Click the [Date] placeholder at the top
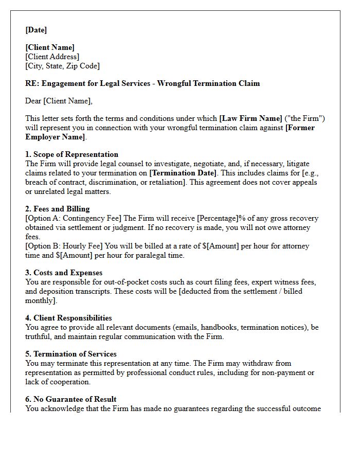coord(36,30)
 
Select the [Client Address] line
coord(52,57)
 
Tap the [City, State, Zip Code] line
coord(63,66)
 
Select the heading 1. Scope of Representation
coord(72,154)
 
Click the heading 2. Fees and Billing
coord(58,209)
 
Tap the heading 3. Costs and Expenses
coord(64,273)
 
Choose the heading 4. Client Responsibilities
coord(68,318)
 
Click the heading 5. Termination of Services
coord(71,354)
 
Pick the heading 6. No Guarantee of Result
coord(71,399)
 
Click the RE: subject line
coord(142,83)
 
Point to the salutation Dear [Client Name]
coord(59,101)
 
